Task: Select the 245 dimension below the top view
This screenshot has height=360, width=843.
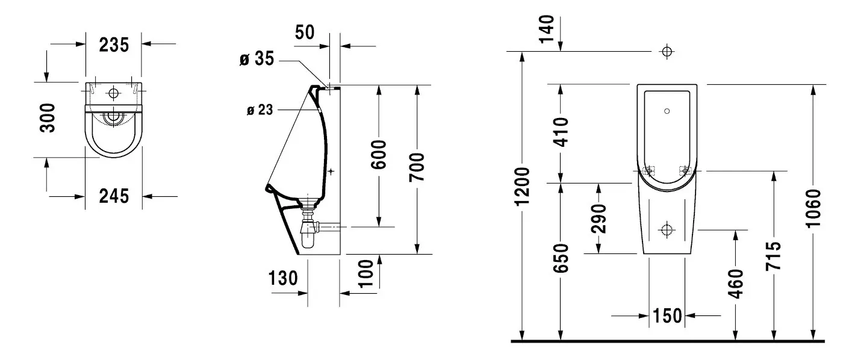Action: coord(114,196)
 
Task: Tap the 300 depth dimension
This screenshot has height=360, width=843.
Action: coord(50,117)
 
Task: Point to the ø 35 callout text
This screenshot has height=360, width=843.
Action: coord(257,59)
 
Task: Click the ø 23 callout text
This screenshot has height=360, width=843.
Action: coord(260,110)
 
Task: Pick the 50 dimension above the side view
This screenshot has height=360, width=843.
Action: coord(305,32)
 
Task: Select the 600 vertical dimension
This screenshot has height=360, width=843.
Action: coord(379,155)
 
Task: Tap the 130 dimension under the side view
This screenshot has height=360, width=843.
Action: coord(283,278)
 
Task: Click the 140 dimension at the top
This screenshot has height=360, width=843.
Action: coord(547,29)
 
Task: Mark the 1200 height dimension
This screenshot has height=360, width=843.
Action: coord(522,187)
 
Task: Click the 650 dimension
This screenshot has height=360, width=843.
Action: coord(561,258)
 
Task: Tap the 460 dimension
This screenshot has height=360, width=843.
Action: coord(735,284)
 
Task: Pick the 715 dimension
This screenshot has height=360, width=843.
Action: coord(774,257)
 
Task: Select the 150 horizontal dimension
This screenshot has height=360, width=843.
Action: coord(667,315)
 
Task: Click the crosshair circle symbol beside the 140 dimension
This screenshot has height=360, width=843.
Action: coord(667,51)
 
